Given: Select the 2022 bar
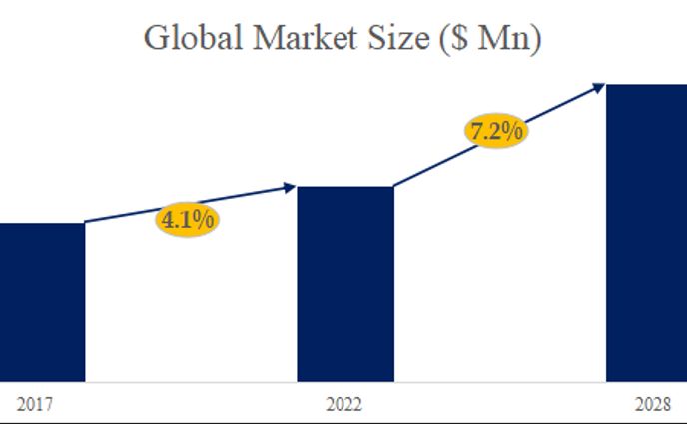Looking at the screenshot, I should pos(345,284).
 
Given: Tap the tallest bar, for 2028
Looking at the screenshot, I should pos(646,232).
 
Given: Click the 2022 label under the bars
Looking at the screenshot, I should pos(344,405).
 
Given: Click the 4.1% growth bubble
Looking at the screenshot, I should pos(188,219).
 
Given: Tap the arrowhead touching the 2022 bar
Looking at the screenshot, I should pos(291,186).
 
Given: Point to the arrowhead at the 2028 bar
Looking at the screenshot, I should pos(599,86).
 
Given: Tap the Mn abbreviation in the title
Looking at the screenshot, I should pos(512,38).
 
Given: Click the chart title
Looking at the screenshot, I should pos(343,38).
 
